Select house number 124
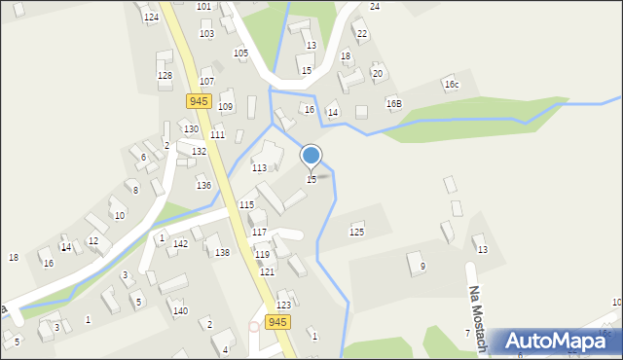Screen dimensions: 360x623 pyautogui.click(x=151, y=18)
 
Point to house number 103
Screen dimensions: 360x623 pyautogui.click(x=206, y=33)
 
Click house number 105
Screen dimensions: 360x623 pyautogui.click(x=240, y=53)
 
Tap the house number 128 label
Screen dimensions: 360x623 pyautogui.click(x=165, y=75)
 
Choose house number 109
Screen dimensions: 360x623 pyautogui.click(x=225, y=106)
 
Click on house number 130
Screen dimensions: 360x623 pyautogui.click(x=191, y=129)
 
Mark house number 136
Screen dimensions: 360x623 pyautogui.click(x=203, y=185)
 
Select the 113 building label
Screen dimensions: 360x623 pyautogui.click(x=259, y=167)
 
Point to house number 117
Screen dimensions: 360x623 pyautogui.click(x=259, y=233)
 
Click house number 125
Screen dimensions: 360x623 pyautogui.click(x=356, y=232)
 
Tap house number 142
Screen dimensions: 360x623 pyautogui.click(x=180, y=244)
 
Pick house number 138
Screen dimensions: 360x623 pyautogui.click(x=222, y=253)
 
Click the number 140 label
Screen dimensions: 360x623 pyautogui.click(x=180, y=311)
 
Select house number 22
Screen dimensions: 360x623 pyautogui.click(x=361, y=34)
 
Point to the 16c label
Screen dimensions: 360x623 pyautogui.click(x=451, y=85)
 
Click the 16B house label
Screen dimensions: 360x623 pyautogui.click(x=393, y=103)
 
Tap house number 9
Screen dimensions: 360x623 pyautogui.click(x=422, y=267)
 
